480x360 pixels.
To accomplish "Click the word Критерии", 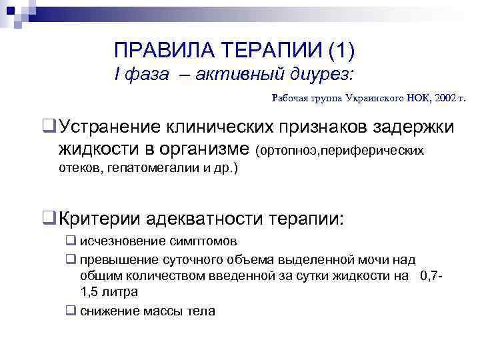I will tap(100, 218).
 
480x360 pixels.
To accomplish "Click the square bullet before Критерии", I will tap(48, 218).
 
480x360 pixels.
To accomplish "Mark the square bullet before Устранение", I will tap(48, 126).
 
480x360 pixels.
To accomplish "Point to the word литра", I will tap(121, 292).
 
